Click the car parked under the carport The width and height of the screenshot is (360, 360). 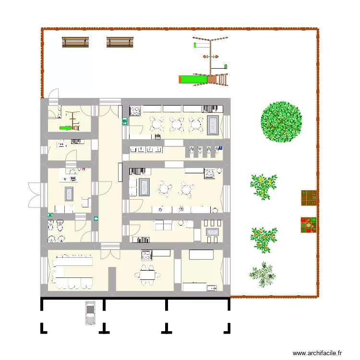[x=90, y=312]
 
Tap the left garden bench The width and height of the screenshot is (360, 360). [x=76, y=43]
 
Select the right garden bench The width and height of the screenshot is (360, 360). [x=120, y=43]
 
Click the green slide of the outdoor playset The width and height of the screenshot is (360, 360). [x=192, y=78]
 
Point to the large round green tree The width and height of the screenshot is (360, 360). [x=282, y=121]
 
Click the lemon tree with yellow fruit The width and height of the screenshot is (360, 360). [x=264, y=186]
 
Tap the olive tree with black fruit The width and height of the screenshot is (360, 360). [x=263, y=274]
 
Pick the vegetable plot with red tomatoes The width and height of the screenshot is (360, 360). [x=309, y=225]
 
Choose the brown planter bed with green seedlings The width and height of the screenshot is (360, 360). [x=309, y=197]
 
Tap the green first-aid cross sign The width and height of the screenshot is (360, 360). [x=96, y=219]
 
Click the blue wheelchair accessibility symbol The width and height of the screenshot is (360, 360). [x=50, y=215]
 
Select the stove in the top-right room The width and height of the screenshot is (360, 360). [x=134, y=111]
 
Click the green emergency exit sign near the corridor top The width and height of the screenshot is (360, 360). [x=124, y=122]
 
